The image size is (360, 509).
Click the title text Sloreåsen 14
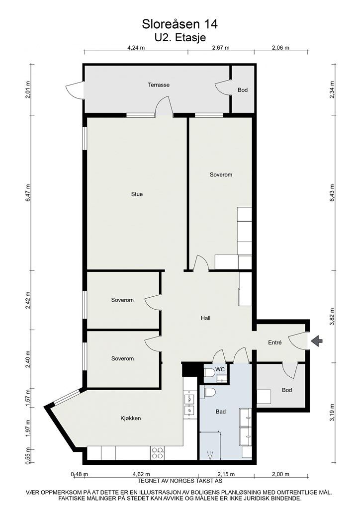[x=180, y=24]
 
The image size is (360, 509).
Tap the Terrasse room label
[x=159, y=85]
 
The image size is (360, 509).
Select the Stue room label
[x=137, y=194]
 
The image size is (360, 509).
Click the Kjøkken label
[x=130, y=419]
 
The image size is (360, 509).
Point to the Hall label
[x=205, y=318]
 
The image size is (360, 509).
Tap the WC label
[x=220, y=369]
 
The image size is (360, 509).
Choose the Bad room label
[x=221, y=412]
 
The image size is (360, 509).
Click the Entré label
[x=274, y=342]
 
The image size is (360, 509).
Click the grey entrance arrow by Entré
[x=317, y=340]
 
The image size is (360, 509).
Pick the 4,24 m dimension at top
[x=136, y=48]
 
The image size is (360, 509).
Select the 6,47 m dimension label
[x=28, y=193]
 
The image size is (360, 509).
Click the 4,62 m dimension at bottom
[x=142, y=474]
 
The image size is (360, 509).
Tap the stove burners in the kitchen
[x=158, y=453]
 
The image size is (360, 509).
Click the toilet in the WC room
[x=209, y=376]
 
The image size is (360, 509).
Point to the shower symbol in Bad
[x=210, y=456]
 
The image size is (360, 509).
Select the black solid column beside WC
[x=189, y=369]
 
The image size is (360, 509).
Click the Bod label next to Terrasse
[x=243, y=90]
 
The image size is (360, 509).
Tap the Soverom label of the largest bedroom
[x=221, y=174]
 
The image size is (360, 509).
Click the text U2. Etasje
[x=180, y=38]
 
